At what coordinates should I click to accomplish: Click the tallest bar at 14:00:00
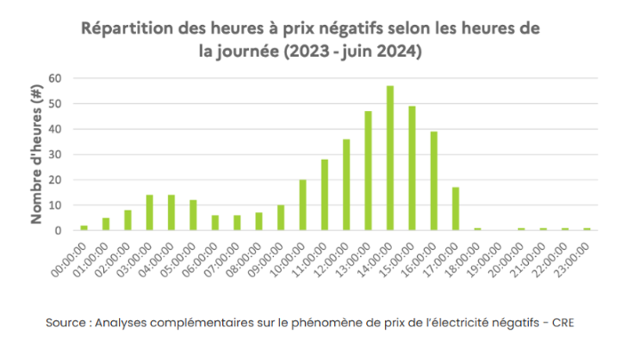[x=389, y=158]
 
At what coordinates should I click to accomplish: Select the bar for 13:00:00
[x=368, y=171]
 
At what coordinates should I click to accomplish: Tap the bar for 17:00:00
[x=455, y=209]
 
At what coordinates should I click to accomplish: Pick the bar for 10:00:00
[x=302, y=205]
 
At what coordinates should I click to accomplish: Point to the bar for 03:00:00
[x=149, y=212]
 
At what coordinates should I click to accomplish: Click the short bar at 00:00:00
[x=84, y=228]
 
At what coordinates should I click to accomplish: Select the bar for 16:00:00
[x=434, y=181]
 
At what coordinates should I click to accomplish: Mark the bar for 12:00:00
[x=346, y=185]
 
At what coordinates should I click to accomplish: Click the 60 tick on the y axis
[x=54, y=78]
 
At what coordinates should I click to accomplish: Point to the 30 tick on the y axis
[x=54, y=155]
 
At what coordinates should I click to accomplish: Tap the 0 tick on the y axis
[x=58, y=230]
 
